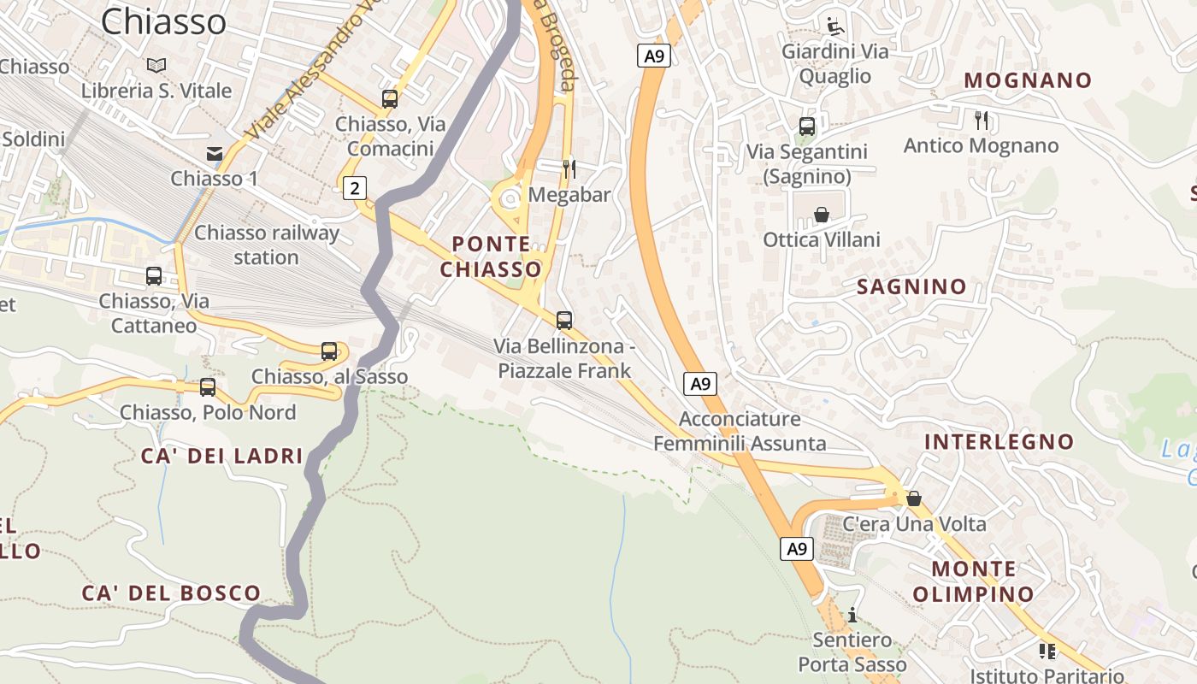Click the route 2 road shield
[355, 187]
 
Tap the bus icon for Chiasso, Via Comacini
[390, 98]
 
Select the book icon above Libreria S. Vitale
[156, 65]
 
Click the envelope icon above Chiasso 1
[215, 154]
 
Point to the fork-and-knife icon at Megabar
[568, 168]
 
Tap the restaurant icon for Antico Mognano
[981, 120]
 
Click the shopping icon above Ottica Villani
[821, 214]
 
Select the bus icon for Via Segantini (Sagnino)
[806, 127]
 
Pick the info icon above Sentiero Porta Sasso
[852, 615]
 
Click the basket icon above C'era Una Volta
[913, 498]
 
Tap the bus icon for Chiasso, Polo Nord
[207, 386]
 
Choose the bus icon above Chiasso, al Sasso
[329, 351]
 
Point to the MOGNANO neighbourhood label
[1028, 80]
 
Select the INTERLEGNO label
[999, 442]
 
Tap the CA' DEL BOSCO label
[171, 593]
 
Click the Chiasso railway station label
[267, 245]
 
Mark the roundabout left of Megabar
[510, 199]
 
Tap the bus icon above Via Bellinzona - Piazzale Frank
[563, 321]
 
